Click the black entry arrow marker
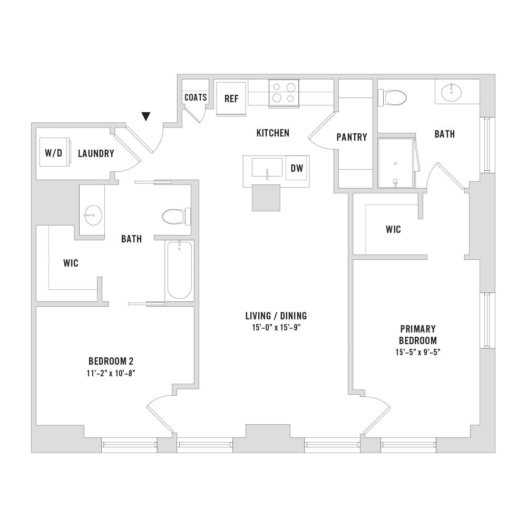coord(146,116)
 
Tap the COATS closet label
coord(196,97)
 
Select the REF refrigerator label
coord(231,99)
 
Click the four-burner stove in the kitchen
coord(284,94)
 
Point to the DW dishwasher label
coord(297,168)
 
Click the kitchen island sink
coord(267,168)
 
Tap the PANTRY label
coord(352,137)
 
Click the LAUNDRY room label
coord(96,153)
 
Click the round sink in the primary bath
coord(451,92)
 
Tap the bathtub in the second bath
coord(180,270)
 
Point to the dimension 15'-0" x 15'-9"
coord(276,328)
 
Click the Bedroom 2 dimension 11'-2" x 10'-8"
coord(111,373)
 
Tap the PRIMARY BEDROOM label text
coord(418,335)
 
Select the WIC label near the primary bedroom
coord(393,229)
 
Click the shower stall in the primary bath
coord(396,163)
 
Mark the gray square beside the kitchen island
coord(266,198)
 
